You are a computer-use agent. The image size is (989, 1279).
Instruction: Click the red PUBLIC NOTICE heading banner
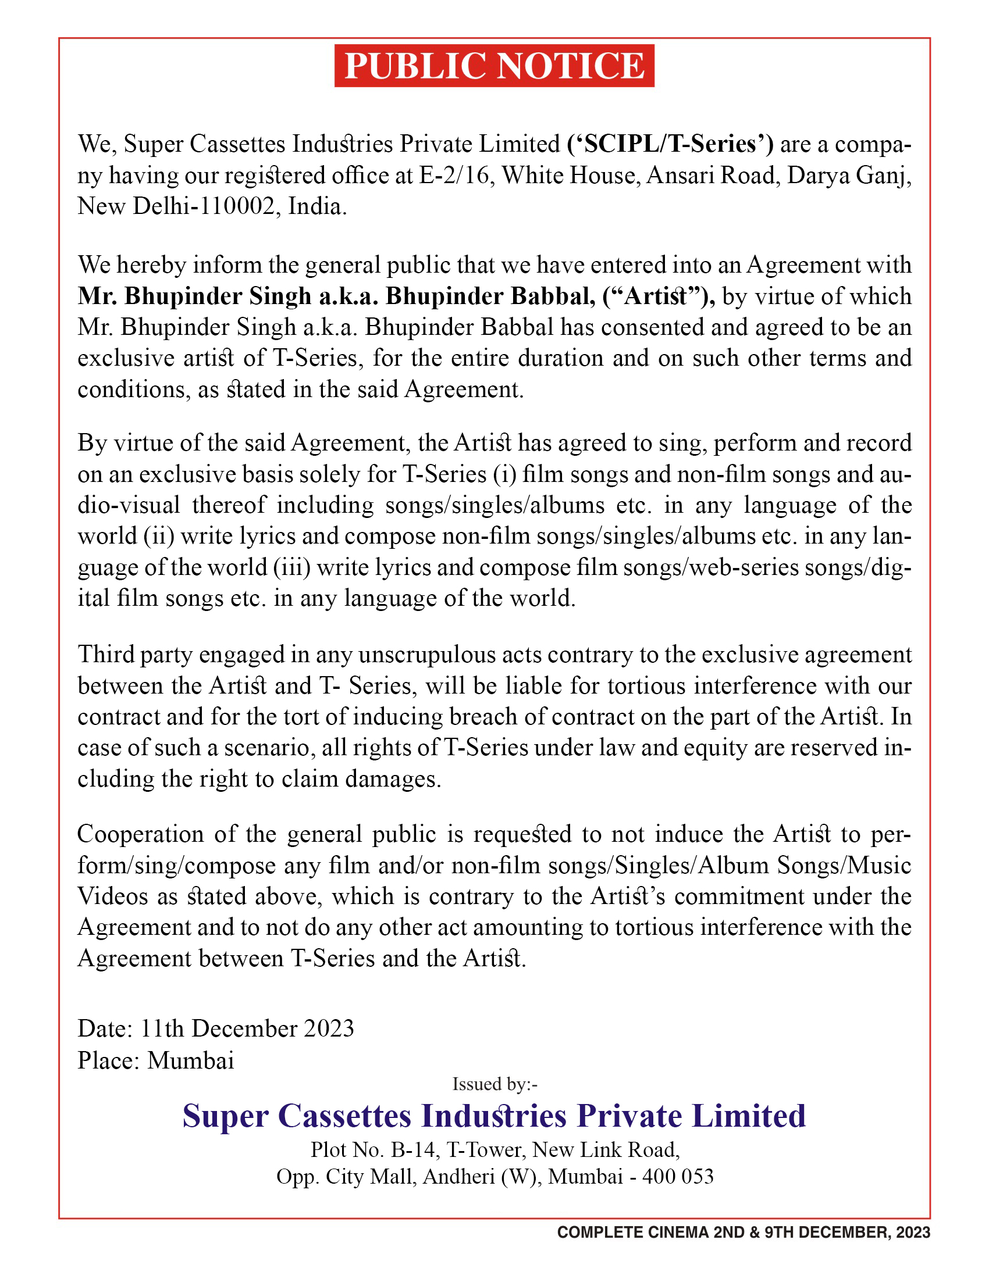[494, 66]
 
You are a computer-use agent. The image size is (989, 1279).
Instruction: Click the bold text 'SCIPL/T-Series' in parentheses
[670, 144]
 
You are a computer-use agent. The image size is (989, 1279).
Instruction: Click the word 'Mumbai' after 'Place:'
[191, 1060]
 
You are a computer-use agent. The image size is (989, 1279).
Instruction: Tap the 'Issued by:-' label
[494, 1084]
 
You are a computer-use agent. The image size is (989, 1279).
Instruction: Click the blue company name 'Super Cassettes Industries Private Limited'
[494, 1116]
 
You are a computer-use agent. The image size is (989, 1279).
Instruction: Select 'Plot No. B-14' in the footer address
[374, 1150]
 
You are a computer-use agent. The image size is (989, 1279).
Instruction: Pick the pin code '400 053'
[678, 1177]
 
